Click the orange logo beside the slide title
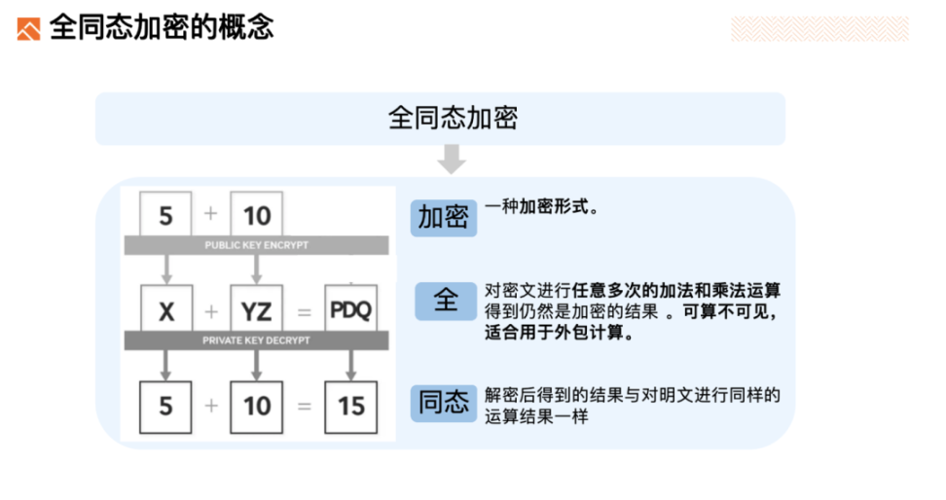coord(28,29)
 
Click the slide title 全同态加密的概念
coord(162,28)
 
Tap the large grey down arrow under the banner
coord(452,160)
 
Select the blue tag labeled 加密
coord(444,218)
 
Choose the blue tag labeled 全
coord(446,301)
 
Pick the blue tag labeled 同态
coord(444,403)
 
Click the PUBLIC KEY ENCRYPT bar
coord(256,245)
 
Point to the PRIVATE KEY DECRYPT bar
coord(256,340)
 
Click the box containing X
coord(166,308)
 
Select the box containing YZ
coord(256,308)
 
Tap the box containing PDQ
coord(351,308)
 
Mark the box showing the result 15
coord(351,408)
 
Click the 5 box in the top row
coord(165,214)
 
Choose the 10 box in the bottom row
coord(256,408)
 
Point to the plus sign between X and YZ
coord(211,311)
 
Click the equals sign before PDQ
coord(304,312)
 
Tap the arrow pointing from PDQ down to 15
coord(351,366)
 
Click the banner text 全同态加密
coord(453,119)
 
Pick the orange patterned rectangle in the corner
coord(819,29)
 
